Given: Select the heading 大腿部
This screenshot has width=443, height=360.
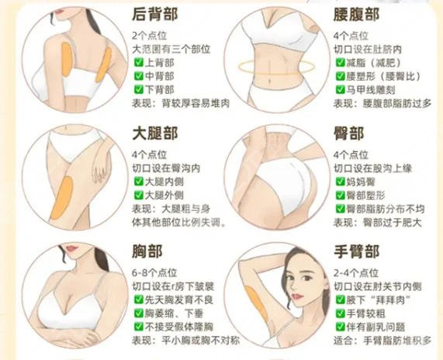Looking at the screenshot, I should [154, 133].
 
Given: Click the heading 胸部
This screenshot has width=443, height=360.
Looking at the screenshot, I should [144, 252].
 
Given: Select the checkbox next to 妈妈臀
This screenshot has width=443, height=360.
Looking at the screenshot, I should [339, 181].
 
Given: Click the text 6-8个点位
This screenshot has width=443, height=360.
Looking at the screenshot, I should [152, 273].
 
